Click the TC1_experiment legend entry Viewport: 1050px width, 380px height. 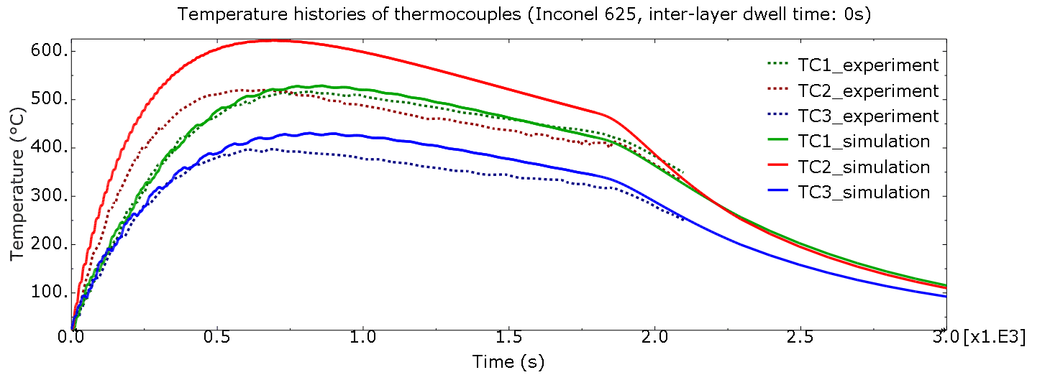point(867,65)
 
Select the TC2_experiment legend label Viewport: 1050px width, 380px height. point(867,91)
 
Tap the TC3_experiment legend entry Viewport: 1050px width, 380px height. point(867,116)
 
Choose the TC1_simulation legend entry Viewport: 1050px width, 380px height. point(864,142)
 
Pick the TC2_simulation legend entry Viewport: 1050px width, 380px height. point(864,167)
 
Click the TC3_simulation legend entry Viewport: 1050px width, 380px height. point(864,193)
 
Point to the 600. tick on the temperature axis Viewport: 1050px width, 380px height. point(50,51)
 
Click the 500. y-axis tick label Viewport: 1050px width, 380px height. point(50,99)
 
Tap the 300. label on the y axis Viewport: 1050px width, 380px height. point(50,196)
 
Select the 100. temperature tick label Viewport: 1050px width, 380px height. point(50,293)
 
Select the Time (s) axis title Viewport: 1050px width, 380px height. point(508,362)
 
